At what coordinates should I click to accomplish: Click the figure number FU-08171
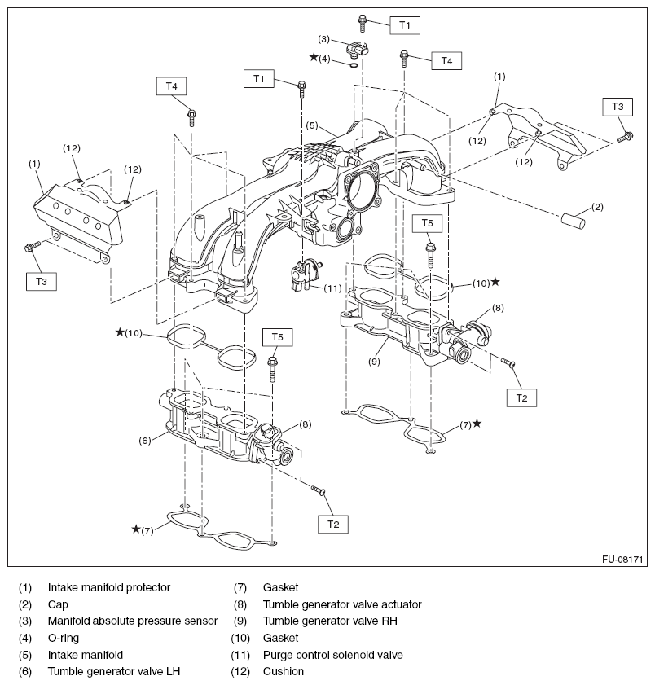(x=622, y=560)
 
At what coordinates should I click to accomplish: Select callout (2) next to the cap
(x=597, y=207)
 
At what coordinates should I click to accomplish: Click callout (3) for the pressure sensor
(x=323, y=39)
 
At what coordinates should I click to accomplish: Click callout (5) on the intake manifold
(x=312, y=125)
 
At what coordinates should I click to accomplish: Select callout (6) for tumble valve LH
(x=143, y=440)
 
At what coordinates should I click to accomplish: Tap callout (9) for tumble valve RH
(x=373, y=358)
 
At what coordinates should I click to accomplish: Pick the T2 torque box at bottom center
(x=333, y=524)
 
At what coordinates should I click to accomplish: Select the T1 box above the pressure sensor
(x=405, y=25)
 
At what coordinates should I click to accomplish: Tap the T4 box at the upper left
(x=171, y=85)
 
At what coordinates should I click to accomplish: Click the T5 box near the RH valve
(x=427, y=222)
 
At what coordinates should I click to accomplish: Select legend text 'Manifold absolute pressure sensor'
(x=133, y=621)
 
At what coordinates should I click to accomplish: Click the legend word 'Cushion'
(x=284, y=671)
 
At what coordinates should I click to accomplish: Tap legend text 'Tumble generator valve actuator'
(x=342, y=604)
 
